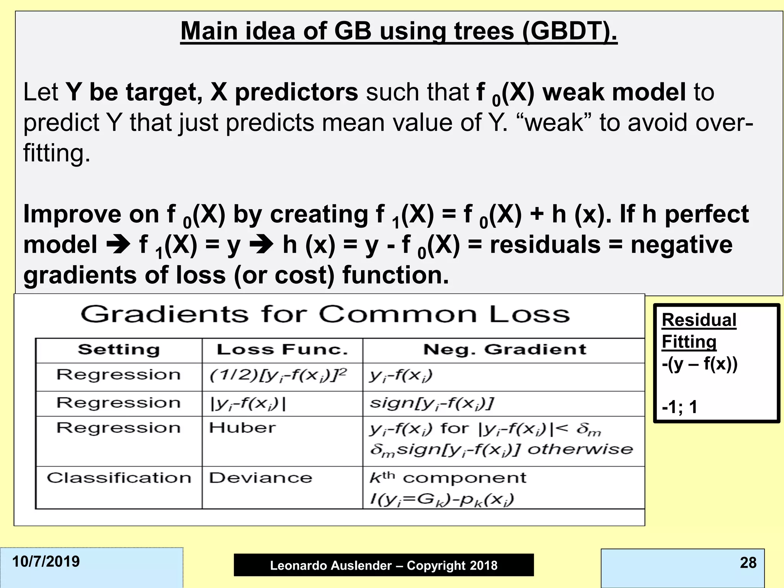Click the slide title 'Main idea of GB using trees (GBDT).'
399,31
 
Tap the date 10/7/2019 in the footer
46,562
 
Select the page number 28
748,562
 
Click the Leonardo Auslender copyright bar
384,565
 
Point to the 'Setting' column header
119,350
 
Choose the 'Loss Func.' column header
282,350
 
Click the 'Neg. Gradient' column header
505,350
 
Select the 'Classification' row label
119,478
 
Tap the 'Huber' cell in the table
242,428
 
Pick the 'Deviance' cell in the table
260,478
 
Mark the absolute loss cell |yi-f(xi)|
248,403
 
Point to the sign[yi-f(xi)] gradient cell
432,403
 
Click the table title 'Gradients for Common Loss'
325,315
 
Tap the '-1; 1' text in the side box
679,407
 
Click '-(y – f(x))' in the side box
699,364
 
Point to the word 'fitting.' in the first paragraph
57,153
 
